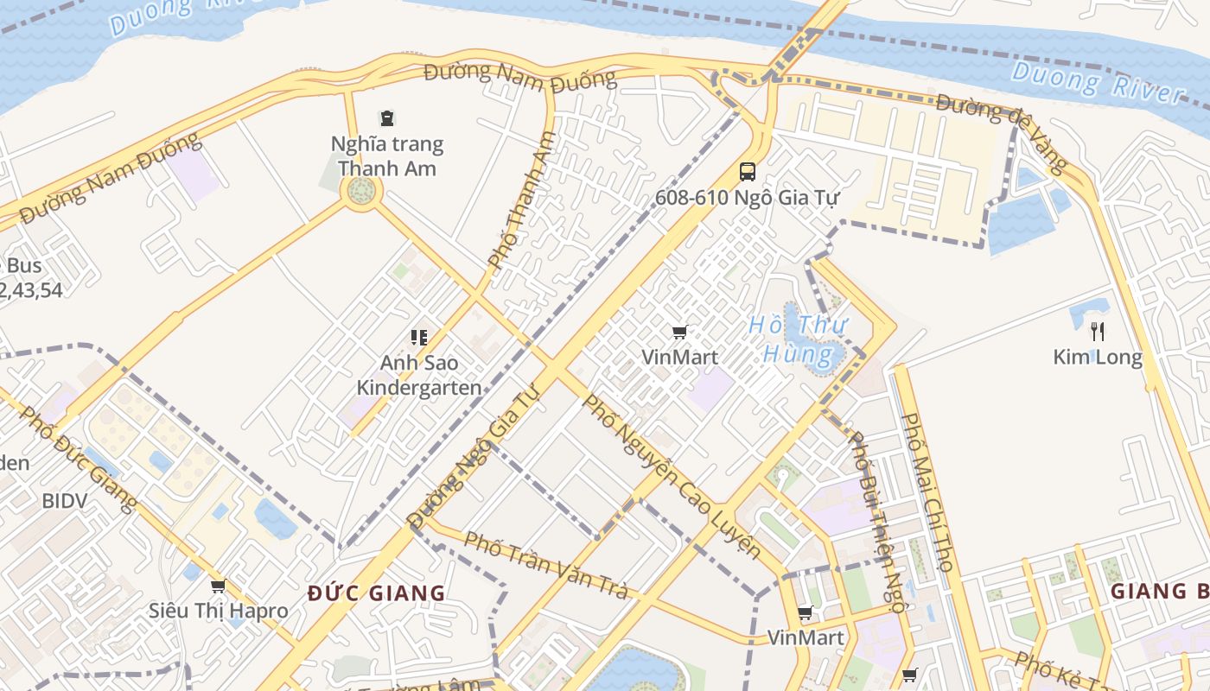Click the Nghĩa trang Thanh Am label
point(387,156)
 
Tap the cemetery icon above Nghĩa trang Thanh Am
point(387,118)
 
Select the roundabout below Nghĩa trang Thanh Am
point(361,191)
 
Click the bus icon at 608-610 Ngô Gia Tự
point(748,172)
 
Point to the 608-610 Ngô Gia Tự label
point(747,198)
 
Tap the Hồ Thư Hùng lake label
point(798,339)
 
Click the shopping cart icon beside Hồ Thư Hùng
point(680,333)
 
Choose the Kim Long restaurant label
point(1097,357)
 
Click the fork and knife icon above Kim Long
point(1098,331)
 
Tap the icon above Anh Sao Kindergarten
point(419,337)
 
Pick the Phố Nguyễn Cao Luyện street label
point(671,477)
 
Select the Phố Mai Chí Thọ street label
point(927,491)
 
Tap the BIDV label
point(65,501)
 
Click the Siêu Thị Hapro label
point(218,611)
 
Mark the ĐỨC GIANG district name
point(377,593)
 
